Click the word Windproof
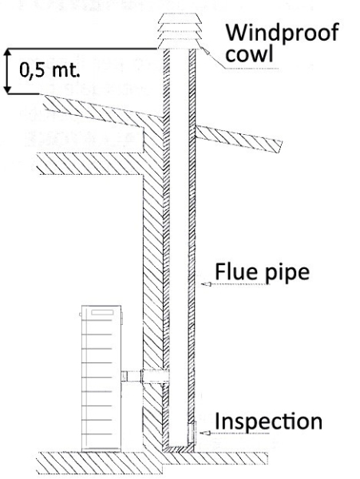(282, 33)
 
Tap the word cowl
(249, 54)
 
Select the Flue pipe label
(263, 271)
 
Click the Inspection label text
(269, 422)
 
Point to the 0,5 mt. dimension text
(49, 69)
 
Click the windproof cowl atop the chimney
(180, 31)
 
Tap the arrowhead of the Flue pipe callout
(206, 284)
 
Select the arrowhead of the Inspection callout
(205, 433)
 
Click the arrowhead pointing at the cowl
(206, 51)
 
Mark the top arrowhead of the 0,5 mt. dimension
(8, 53)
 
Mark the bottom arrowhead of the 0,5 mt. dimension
(8, 89)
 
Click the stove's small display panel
(102, 312)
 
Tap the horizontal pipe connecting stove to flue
(145, 376)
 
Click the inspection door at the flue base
(192, 432)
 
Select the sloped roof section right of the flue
(239, 139)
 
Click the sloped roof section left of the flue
(102, 113)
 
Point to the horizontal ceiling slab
(90, 164)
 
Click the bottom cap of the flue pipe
(178, 448)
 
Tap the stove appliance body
(101, 378)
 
